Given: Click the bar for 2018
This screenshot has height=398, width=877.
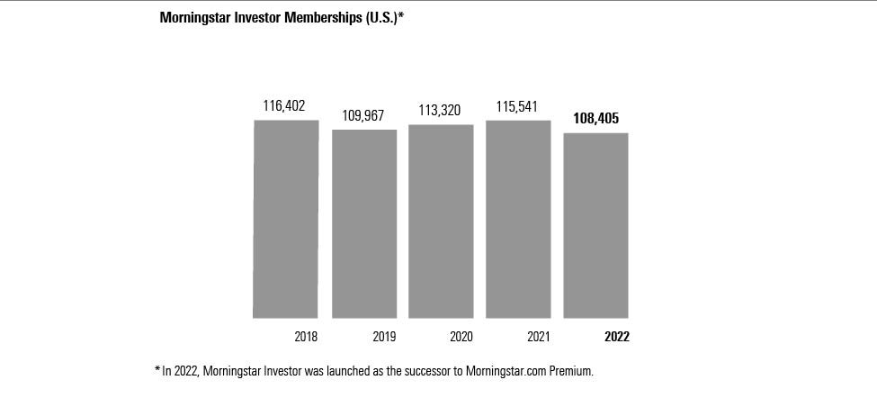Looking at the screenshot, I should coord(286,219).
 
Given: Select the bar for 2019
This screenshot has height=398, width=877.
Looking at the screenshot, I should coord(364,223).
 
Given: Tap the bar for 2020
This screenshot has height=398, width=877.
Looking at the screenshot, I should coord(441,221).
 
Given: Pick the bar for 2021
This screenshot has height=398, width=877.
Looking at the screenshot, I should coord(518,219).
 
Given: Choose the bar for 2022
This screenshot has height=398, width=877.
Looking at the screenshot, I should coord(595,225).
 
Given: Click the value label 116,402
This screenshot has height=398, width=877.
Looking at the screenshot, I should coord(284,106).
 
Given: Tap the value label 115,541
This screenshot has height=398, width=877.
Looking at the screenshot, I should coord(517,106).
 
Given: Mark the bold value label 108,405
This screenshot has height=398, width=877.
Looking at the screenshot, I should coord(595,118).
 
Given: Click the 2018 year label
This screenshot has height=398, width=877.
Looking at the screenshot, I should coord(306,337).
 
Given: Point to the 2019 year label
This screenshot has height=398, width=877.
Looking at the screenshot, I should coord(384,337).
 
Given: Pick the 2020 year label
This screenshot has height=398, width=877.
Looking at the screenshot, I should coord(461,337).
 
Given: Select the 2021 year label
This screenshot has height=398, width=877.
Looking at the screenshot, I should coord(538,337).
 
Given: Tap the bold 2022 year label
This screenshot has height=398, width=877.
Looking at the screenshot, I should coord(616,337).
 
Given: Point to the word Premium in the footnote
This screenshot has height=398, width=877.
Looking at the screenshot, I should coord(568,370).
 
